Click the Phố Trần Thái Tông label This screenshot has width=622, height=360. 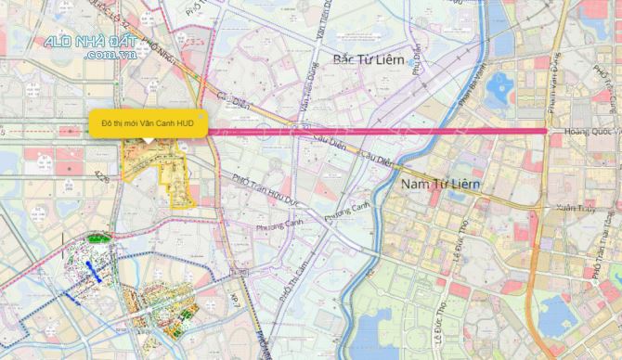pos(595,259)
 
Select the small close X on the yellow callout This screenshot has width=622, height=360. pos(201,116)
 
